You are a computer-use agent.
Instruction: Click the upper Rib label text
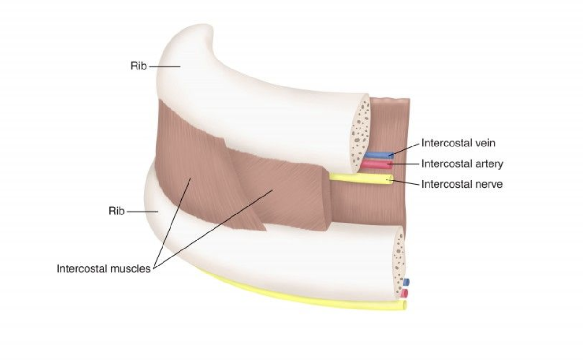point(138,67)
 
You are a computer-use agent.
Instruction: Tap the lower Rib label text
point(116,211)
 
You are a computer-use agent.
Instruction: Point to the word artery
point(489,164)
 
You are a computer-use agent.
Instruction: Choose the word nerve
point(489,184)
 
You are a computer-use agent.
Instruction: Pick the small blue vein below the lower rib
point(406,282)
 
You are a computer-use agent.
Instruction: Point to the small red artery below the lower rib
point(404,293)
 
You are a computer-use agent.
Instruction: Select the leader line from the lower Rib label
point(142,212)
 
